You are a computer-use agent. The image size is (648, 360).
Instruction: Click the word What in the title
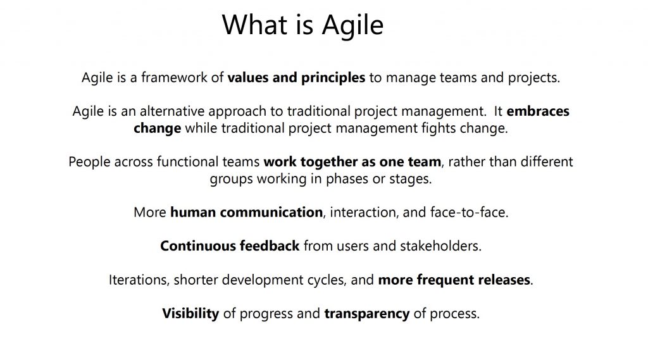point(254,25)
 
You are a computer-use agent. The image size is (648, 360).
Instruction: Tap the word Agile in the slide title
point(352,27)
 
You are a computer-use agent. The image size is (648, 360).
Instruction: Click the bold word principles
point(333,78)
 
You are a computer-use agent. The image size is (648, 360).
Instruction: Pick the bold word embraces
point(538,111)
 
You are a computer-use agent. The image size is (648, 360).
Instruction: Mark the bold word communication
point(271,213)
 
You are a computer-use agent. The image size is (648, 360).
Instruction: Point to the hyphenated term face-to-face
point(469,213)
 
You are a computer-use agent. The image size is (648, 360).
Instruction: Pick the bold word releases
point(504,280)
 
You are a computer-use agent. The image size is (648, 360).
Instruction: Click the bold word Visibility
point(190,314)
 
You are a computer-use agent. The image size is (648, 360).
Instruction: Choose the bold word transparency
point(367,314)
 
